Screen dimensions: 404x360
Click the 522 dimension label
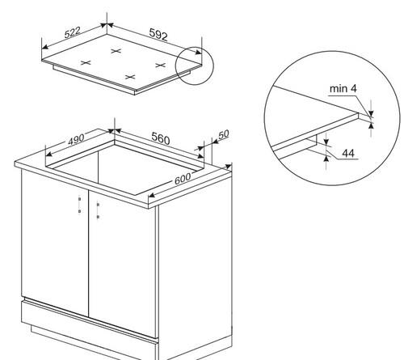pos(73,32)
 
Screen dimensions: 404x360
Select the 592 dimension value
pos(158,35)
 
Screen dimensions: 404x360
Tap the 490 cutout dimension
pos(76,139)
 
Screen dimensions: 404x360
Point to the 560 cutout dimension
pos(161,138)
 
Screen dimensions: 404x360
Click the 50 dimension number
pos(224,135)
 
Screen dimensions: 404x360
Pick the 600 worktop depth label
pos(183,179)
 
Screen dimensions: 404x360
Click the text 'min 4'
pos(343,88)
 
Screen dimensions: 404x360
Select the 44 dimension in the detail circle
pos(348,154)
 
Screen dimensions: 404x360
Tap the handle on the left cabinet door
pos(79,205)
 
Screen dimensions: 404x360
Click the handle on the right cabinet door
pos(98,211)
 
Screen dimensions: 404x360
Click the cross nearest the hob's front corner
pos(130,77)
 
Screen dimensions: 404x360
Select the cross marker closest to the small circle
pos(161,65)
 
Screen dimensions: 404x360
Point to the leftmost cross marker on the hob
pos(86,63)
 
